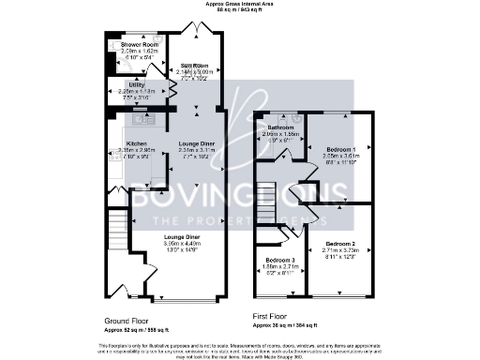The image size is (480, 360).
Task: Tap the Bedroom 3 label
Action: point(280,260)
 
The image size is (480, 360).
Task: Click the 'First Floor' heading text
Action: point(274,316)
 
